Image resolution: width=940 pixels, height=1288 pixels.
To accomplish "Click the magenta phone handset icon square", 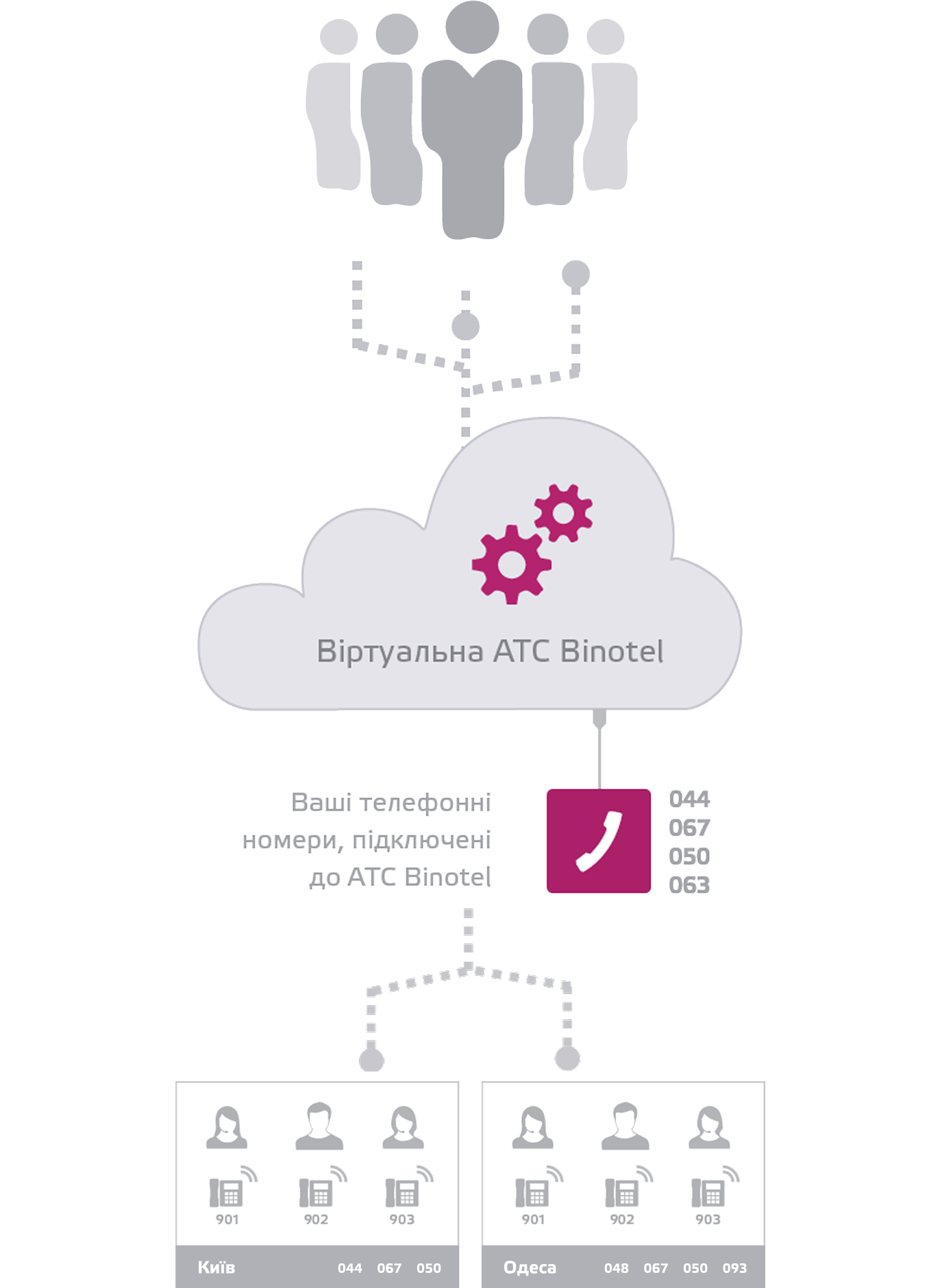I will coord(598,841).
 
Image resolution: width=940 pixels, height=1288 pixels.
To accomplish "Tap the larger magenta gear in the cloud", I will coord(511,565).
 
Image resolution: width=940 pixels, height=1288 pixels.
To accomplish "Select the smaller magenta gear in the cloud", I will coord(563,512).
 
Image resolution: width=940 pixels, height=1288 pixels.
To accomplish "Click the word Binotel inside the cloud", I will coord(611,652).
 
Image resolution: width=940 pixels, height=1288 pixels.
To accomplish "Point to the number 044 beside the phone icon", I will coord(689,799).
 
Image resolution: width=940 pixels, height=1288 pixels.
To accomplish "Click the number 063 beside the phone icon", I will coord(689,884).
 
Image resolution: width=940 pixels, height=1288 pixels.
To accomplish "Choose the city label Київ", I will coord(216,1267).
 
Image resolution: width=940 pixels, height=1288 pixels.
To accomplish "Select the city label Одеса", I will coord(530,1267).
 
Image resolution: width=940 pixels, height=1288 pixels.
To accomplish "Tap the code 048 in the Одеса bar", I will coord(616,1268).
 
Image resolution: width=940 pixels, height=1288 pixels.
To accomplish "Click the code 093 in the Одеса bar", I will coord(734,1268).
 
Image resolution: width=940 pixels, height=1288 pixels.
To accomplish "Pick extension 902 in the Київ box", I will coord(316,1219).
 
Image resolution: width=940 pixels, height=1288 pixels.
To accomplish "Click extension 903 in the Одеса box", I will coord(708,1219).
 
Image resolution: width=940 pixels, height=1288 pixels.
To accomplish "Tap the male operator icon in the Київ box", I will coord(319,1126).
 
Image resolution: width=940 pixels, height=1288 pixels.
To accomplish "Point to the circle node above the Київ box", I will coord(371,1060).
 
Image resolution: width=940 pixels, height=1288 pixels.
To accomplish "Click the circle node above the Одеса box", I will coord(567,1058).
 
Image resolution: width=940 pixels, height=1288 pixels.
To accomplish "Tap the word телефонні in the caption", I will coord(425,802).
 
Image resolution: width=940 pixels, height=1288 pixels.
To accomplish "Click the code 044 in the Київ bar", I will coord(349,1268).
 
